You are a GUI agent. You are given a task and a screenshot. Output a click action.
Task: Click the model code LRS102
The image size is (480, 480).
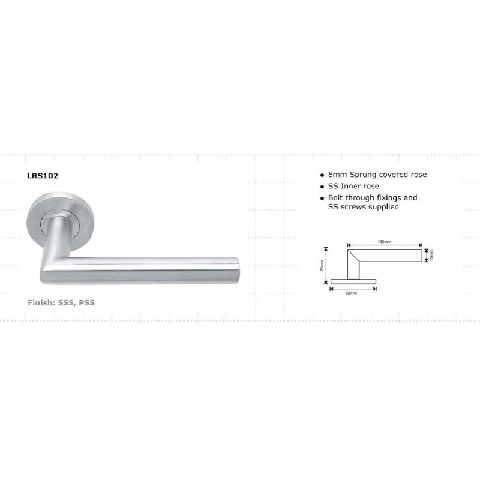pos(42,177)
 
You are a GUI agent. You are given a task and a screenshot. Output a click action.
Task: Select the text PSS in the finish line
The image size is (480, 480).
pos(86,303)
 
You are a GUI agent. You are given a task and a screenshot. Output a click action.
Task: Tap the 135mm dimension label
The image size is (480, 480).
pos(384,241)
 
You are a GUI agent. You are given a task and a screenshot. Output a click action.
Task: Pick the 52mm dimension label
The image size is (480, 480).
pos(352,293)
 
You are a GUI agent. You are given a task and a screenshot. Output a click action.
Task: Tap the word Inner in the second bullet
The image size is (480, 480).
pos(352,186)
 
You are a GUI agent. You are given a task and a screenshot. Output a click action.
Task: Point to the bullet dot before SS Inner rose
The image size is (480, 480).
pos(322,187)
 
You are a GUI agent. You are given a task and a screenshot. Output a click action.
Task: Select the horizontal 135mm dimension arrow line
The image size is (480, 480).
pos(384,245)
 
